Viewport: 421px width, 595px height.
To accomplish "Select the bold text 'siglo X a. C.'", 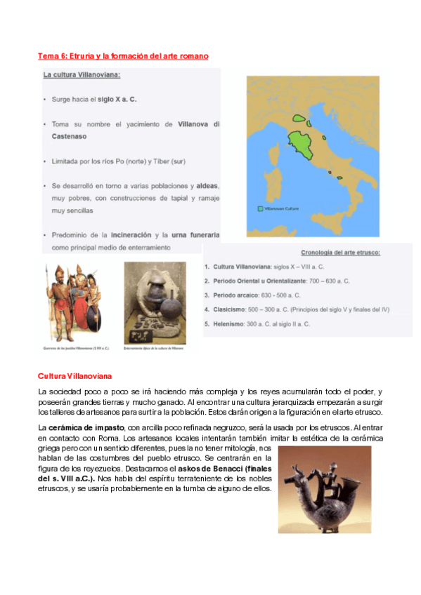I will [x=117, y=100].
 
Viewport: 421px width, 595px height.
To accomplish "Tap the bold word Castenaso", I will [x=70, y=137].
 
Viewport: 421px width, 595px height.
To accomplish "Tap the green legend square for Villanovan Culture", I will [x=261, y=208].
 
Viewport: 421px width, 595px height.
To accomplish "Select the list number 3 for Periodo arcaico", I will [x=207, y=295].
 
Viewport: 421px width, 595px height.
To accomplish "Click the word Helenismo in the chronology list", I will [x=229, y=323].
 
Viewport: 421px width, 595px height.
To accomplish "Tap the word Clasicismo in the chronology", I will [x=231, y=309].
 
